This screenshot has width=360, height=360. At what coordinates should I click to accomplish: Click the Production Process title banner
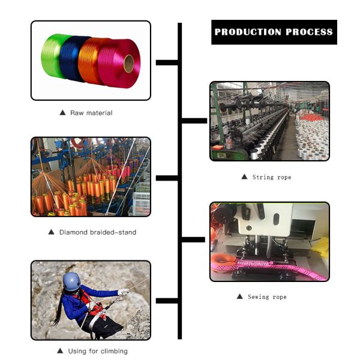pos(274,32)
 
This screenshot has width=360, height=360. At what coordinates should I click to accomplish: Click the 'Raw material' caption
pos(91,113)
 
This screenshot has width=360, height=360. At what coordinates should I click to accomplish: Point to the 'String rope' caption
pos(271,177)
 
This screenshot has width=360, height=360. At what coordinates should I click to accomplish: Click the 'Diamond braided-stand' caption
pos(97,232)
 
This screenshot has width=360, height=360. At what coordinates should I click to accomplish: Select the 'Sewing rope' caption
pos(267,297)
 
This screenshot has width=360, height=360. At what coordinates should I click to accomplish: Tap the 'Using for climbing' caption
pos(98,351)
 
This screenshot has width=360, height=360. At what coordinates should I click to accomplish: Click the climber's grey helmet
pos(71,280)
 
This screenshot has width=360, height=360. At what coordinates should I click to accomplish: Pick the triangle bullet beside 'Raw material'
pos(62,113)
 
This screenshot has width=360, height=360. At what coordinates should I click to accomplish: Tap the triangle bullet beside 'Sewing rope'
pos(240,297)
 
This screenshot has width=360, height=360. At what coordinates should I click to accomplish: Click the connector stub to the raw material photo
pos(166,62)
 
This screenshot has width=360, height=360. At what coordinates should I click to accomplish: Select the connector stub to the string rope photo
pos(194,121)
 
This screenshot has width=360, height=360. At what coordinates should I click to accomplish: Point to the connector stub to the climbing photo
pos(166,301)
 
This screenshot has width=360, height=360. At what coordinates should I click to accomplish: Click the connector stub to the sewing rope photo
pos(194,240)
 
